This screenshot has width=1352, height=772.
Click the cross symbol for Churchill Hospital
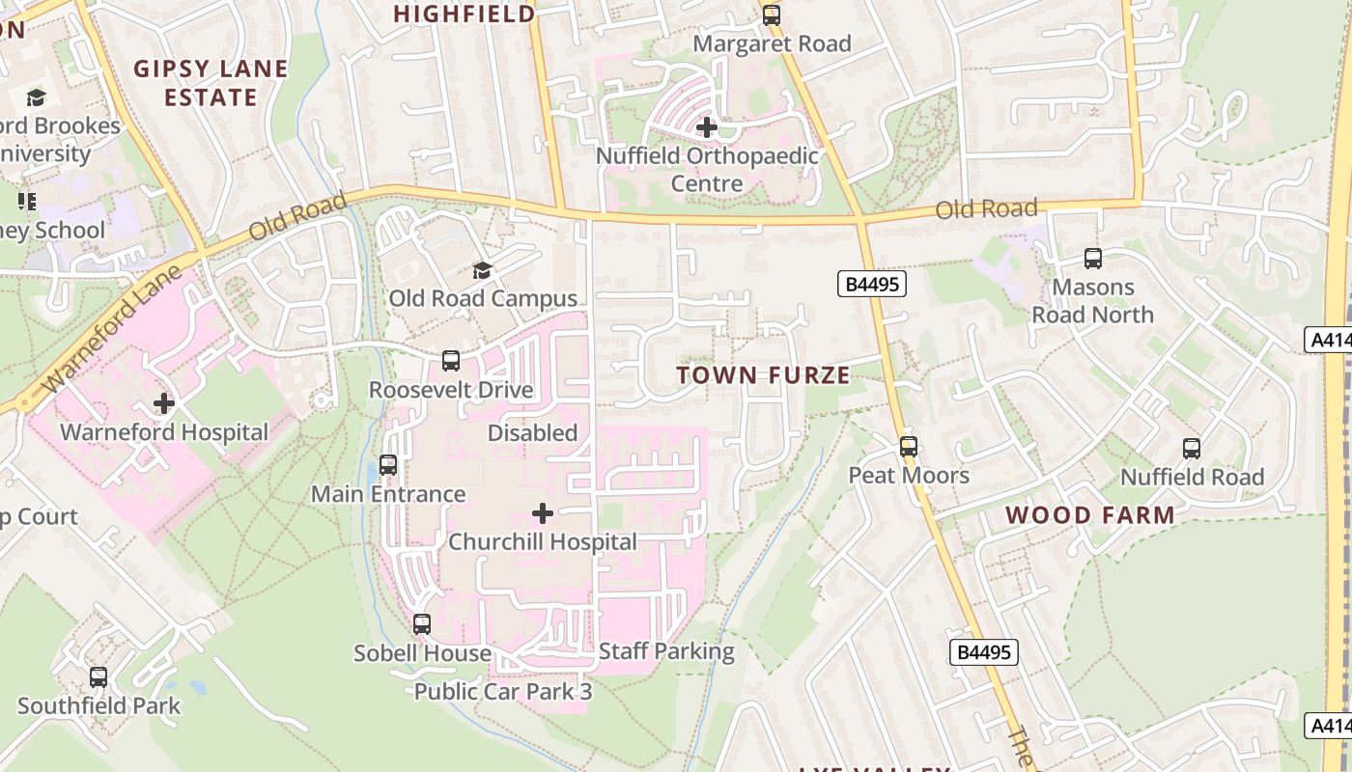point(543,513)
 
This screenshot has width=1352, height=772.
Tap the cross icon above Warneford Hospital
point(164,402)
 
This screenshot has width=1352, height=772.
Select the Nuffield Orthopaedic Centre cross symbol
point(707,126)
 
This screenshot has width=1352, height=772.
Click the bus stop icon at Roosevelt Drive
point(451,361)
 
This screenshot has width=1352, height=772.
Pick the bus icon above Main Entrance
point(388,465)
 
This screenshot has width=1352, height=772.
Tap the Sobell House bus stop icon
point(422,624)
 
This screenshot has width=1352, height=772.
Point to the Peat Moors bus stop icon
point(909,447)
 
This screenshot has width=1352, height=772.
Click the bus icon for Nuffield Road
point(1192,449)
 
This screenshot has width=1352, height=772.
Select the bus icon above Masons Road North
point(1093,259)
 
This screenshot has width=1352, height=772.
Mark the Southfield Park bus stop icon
point(99,677)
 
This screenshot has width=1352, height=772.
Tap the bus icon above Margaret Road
point(772,15)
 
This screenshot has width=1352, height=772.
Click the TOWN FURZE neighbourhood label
point(763,375)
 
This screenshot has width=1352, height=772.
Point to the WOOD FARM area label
point(1090,515)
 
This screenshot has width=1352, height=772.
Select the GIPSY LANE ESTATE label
point(211,83)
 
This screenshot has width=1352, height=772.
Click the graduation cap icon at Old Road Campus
point(482,271)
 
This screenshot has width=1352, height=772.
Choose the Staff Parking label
point(666,651)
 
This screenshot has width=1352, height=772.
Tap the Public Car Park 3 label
point(502,692)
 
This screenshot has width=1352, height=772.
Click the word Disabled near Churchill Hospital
point(532,433)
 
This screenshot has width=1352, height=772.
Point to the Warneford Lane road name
point(113,327)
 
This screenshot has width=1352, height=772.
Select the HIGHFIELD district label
point(465,14)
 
